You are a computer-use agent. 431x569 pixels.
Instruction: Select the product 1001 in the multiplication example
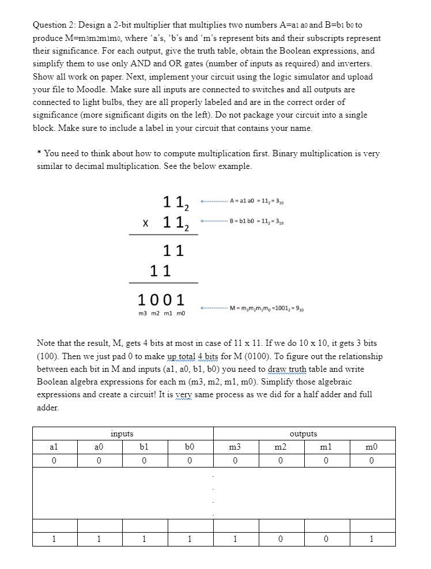tap(161, 299)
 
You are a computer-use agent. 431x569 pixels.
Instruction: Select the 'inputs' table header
tap(122, 434)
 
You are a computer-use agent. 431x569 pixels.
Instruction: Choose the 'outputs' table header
tap(304, 434)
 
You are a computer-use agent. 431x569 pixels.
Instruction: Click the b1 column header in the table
tap(145, 447)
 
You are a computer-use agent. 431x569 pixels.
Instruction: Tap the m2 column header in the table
tap(281, 447)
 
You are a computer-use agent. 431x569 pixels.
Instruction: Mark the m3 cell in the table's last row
tap(236, 539)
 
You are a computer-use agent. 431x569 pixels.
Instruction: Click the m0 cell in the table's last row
tap(372, 539)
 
